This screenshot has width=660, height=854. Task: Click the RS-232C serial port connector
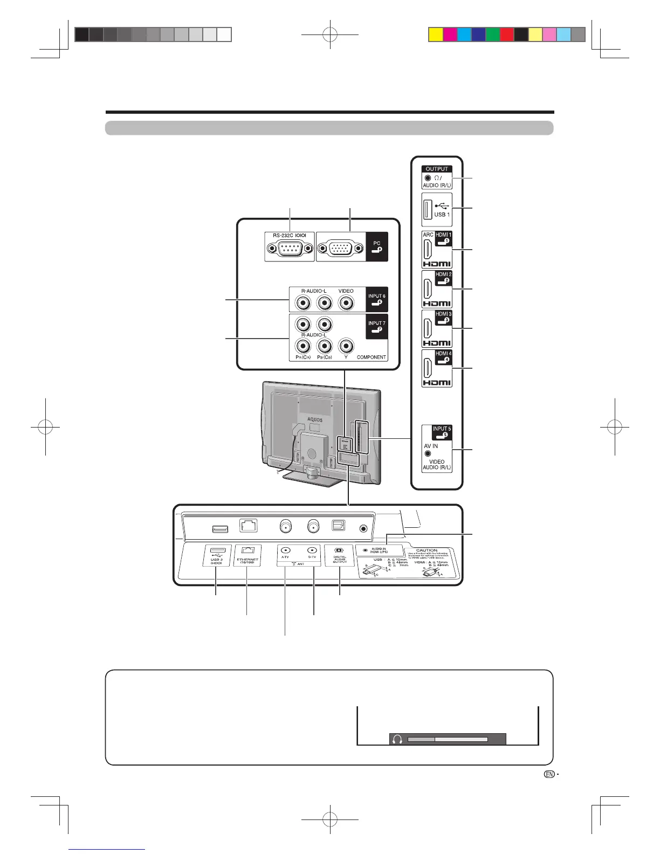point(290,249)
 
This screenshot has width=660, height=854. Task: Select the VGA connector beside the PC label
point(341,249)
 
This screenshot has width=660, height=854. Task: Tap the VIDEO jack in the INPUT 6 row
point(346,303)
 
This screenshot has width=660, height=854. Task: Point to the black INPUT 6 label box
point(376,299)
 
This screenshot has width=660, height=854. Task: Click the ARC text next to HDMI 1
point(428,235)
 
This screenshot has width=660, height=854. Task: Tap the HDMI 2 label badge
point(443,278)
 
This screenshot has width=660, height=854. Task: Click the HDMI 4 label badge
point(443,357)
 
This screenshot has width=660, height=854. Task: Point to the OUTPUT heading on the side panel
point(437,169)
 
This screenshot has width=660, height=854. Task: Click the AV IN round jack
point(428,454)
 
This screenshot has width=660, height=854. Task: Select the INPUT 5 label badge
point(442,432)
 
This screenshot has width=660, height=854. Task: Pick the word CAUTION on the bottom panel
point(427,550)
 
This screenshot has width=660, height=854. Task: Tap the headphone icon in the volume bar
point(398,739)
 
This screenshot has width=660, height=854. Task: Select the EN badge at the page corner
point(549,774)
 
